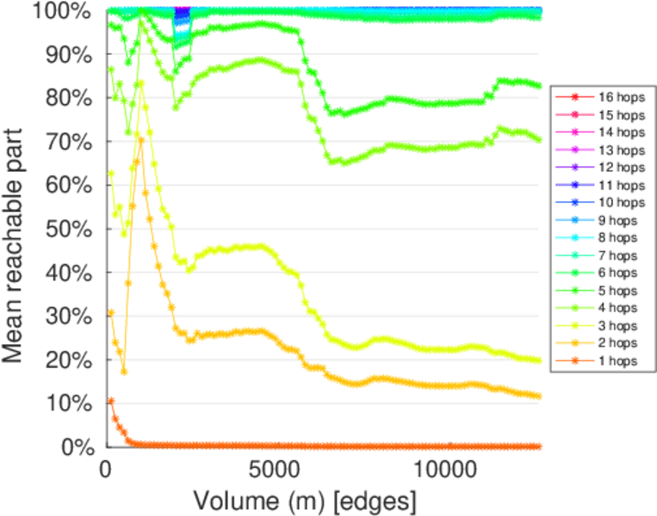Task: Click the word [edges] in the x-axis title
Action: [x=380, y=500]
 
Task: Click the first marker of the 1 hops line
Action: [x=110, y=401]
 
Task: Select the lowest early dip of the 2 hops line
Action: [x=123, y=372]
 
